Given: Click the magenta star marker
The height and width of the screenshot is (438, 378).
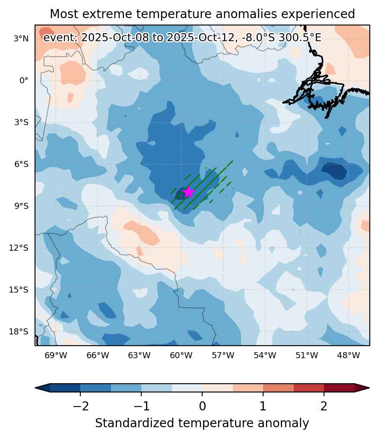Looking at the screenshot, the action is (189, 192).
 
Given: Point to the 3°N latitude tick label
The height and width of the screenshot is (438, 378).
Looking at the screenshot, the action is (21, 38).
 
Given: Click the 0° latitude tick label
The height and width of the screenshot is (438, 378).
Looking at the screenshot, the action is (24, 80).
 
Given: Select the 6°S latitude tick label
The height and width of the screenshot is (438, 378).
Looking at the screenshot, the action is (21, 164).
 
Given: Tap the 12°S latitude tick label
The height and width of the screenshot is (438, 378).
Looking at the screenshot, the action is (19, 248).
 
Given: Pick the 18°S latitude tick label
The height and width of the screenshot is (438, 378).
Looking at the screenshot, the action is (19, 331).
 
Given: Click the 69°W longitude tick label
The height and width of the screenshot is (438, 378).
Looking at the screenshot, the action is (56, 355).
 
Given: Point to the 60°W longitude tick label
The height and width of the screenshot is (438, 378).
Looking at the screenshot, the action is (181, 355).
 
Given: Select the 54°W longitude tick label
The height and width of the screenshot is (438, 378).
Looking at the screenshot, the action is (265, 355).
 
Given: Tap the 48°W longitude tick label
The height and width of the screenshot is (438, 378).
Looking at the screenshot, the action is (348, 355).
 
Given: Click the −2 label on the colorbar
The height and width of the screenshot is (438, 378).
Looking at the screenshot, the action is (80, 406).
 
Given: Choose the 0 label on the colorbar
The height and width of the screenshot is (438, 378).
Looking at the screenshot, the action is (203, 406).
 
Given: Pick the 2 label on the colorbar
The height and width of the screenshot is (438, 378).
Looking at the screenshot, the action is (324, 406).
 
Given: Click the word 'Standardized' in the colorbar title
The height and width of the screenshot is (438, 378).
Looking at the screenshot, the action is (135, 423).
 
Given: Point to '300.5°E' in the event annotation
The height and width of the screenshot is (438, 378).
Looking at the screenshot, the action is (300, 37).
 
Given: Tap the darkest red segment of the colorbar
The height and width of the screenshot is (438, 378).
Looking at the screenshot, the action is (340, 388).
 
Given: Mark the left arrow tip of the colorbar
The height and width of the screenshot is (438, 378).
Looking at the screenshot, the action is (35, 388).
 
